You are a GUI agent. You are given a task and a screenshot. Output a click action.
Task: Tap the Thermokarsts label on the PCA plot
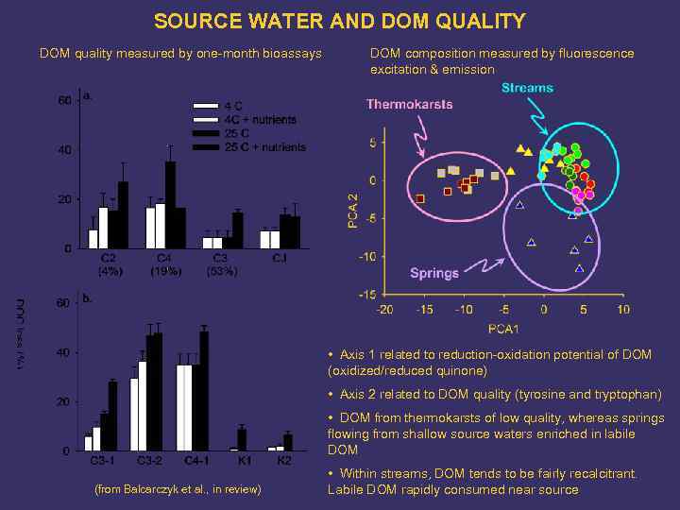[409, 104]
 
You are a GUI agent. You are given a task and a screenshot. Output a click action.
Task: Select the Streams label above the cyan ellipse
[527, 88]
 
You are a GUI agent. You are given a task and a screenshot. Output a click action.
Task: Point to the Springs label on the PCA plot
[434, 273]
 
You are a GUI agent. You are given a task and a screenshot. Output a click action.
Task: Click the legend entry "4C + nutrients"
[259, 119]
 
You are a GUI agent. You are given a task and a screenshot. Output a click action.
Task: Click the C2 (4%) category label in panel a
[109, 264]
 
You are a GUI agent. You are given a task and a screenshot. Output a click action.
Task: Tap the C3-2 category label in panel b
[147, 460]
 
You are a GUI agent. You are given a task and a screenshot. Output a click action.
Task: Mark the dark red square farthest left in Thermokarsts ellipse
[420, 198]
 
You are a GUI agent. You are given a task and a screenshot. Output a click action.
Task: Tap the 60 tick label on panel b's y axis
[61, 303]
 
